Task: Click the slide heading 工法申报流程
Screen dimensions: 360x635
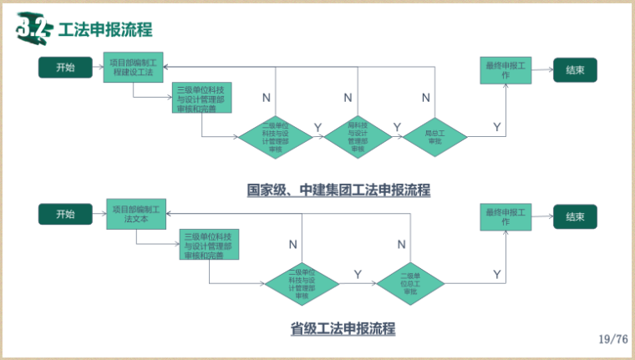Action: coord(105,30)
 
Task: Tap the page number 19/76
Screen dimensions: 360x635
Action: coord(613,339)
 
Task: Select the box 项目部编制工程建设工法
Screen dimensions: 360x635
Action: coord(135,67)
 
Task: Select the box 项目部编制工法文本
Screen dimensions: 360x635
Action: coord(137,214)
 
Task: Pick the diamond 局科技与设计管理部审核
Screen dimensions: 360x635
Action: coord(358,136)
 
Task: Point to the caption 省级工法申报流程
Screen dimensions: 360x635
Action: coord(342,328)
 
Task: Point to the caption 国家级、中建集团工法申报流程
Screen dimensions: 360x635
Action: coord(338,190)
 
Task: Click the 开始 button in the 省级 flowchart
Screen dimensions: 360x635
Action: coord(65,214)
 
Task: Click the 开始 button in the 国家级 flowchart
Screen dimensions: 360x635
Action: coord(65,68)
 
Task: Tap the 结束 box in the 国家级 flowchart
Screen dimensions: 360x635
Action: coord(575,69)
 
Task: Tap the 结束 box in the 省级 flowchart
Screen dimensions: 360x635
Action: coord(575,216)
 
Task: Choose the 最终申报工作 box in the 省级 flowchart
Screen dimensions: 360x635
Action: coord(505,217)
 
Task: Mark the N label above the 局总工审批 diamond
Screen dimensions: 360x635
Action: coord(426,99)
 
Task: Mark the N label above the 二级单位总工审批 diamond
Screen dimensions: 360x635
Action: coord(402,245)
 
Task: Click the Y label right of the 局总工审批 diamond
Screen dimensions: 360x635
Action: coord(497,127)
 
